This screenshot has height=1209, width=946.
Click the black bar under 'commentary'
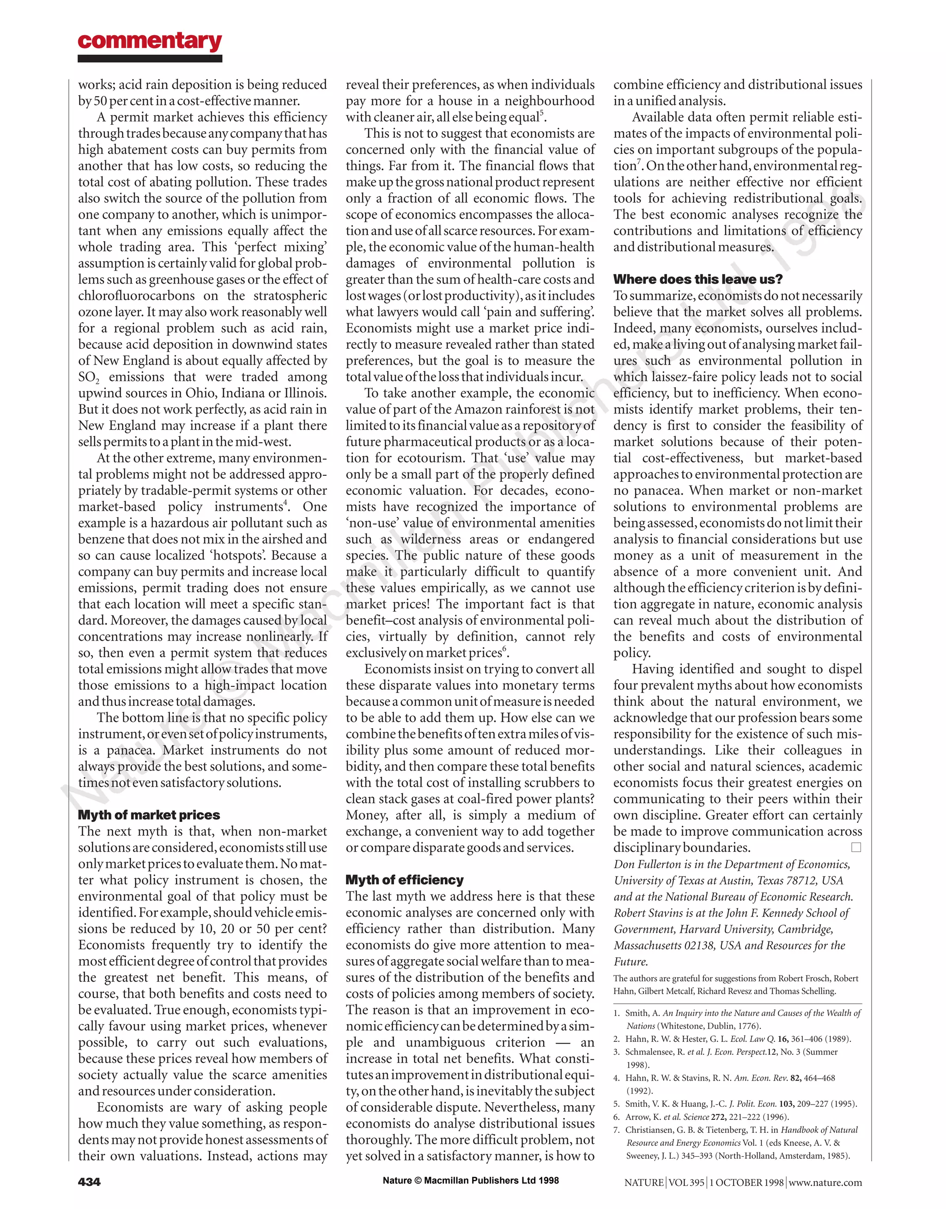pos(150,58)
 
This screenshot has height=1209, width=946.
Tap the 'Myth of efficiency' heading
pos(404,880)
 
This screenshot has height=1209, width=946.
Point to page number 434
pos(89,1182)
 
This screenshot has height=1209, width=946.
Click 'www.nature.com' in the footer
pos(825,1182)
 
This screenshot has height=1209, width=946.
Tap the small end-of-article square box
pos(856,847)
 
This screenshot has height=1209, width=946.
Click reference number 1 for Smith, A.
pos(617,1013)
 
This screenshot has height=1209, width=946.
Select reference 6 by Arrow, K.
pos(617,1117)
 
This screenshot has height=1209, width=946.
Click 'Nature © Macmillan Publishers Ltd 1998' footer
pos(471,1180)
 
